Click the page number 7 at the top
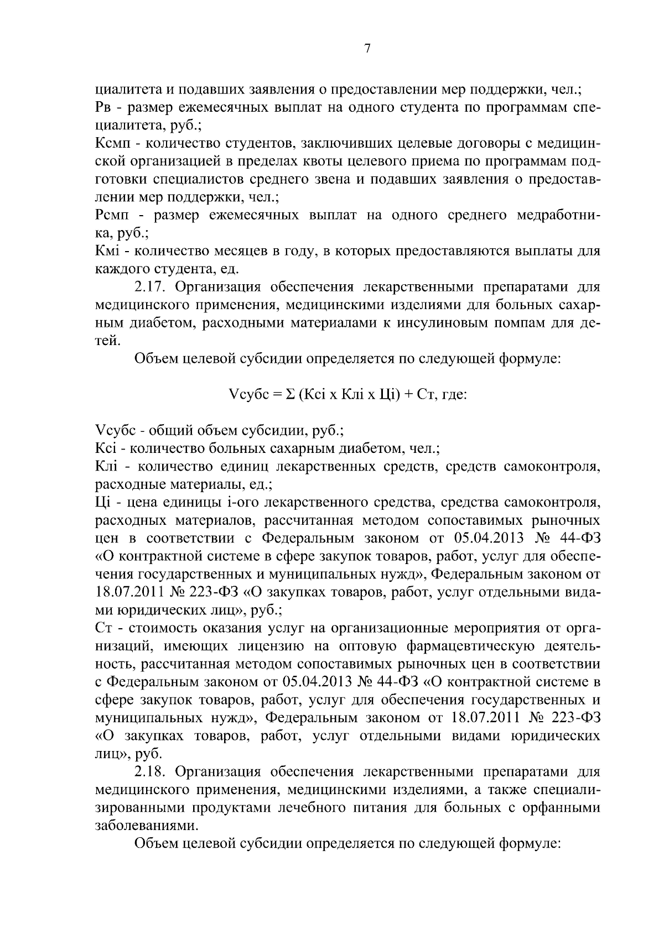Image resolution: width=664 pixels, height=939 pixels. [367, 49]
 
